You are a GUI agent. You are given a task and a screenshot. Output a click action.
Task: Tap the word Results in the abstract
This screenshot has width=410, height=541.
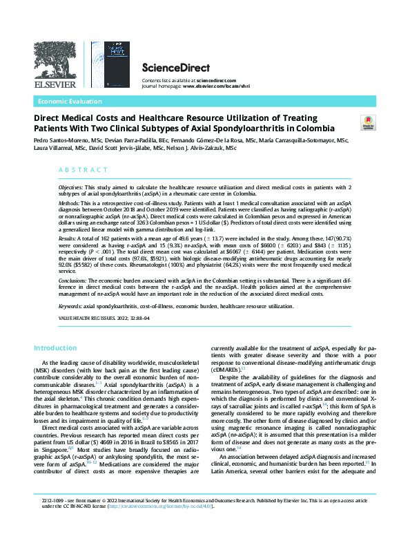[x=66, y=237]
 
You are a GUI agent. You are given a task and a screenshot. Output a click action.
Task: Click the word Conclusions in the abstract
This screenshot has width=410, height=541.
[x=72, y=281]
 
